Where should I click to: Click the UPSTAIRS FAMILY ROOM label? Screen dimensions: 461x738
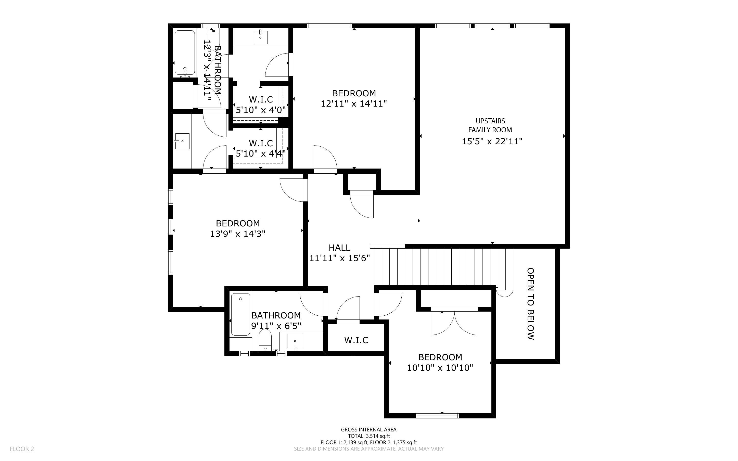click(490, 125)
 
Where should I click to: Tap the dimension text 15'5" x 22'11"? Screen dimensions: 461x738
click(492, 142)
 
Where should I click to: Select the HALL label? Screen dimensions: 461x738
click(339, 248)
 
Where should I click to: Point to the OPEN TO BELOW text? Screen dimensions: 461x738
click(530, 304)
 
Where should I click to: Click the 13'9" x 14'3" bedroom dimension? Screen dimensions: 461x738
click(237, 234)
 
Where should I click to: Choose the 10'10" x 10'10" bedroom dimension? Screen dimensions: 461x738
click(440, 368)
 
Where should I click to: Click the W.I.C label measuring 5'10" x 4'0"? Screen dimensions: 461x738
click(261, 99)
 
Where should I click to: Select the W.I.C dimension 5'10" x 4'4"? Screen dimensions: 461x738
click(261, 153)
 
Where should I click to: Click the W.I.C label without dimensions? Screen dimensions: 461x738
click(356, 340)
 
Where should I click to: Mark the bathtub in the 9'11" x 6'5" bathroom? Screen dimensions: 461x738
click(240, 314)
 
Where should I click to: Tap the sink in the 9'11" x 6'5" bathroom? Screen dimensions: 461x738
click(295, 341)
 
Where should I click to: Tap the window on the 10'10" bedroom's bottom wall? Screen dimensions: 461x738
click(437, 416)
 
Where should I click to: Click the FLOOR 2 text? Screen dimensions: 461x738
click(22, 449)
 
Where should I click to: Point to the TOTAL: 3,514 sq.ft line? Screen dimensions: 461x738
click(368, 436)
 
